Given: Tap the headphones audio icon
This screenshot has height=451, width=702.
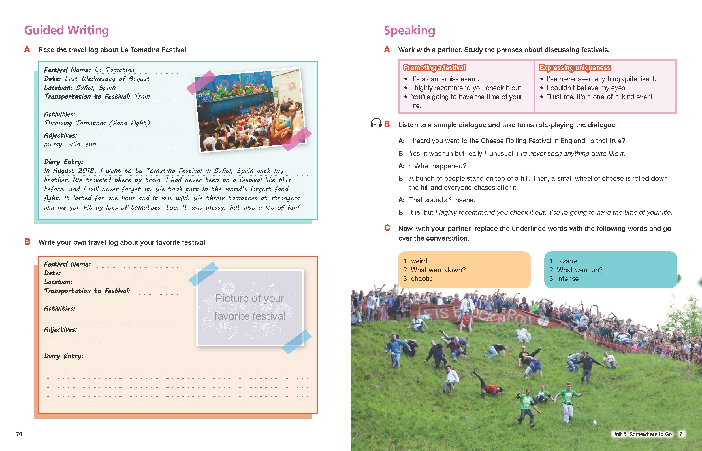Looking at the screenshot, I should (x=375, y=123).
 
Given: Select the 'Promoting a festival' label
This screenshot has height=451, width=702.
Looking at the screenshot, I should (x=434, y=68).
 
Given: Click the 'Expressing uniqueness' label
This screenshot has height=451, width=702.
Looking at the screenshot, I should (x=575, y=68).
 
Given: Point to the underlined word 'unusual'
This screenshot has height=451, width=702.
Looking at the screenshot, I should (x=501, y=154).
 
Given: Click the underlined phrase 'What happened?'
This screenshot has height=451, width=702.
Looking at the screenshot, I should (x=440, y=166).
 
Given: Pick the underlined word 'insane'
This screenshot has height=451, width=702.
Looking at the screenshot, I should (x=463, y=200).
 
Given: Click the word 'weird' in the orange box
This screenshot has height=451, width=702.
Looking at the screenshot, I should (x=419, y=261).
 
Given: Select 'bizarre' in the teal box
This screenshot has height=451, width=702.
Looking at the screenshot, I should (x=567, y=261).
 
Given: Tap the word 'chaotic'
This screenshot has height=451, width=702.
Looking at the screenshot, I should (x=422, y=279).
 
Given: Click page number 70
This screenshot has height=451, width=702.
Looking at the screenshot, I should (x=19, y=434).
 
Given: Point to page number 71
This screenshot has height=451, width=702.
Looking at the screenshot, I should (x=682, y=434).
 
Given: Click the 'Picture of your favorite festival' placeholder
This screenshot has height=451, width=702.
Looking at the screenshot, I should (x=250, y=307).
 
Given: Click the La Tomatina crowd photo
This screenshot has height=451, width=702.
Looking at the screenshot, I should (x=250, y=110).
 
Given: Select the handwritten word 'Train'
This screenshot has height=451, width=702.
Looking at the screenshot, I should (x=142, y=96).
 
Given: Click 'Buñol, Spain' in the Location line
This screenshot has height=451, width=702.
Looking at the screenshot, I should (x=96, y=88).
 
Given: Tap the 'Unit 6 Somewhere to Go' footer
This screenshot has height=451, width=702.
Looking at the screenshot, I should (x=641, y=434).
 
